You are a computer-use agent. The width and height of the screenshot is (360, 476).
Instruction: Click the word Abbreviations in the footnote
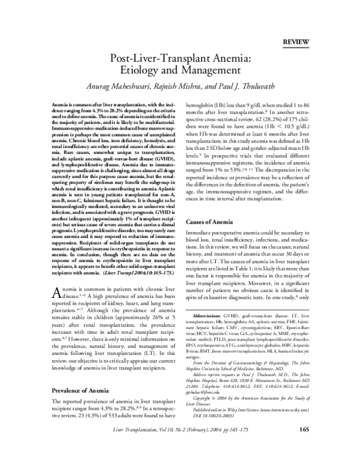[208, 332]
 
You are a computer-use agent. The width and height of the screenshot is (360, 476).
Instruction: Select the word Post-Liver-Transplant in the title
[152, 59]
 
